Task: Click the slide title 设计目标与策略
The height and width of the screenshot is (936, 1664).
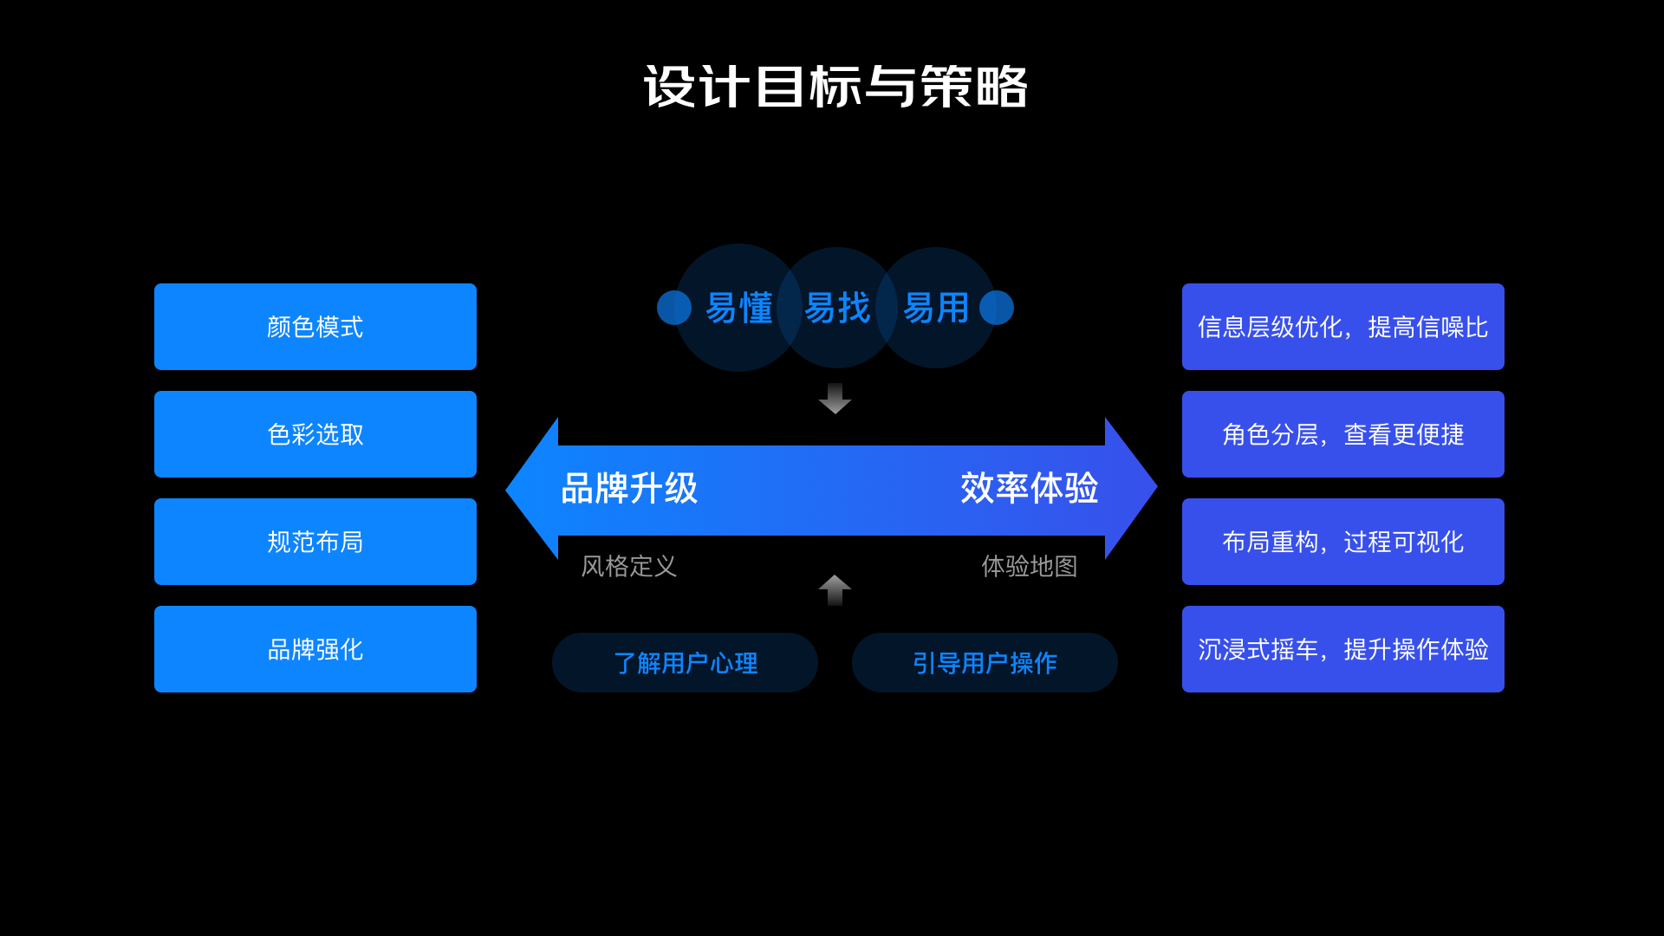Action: [x=835, y=87]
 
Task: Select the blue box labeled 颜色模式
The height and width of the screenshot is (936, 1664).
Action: [x=315, y=327]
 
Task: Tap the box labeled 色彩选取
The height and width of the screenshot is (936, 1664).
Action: [x=315, y=434]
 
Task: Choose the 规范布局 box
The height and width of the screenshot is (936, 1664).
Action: [x=315, y=542]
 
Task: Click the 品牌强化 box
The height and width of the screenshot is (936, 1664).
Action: [x=315, y=649]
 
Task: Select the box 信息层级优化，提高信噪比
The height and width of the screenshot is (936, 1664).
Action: [x=1342, y=327]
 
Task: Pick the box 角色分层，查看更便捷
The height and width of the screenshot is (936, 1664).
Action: [x=1342, y=434]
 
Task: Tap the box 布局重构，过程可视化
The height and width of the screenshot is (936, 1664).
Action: [x=1342, y=542]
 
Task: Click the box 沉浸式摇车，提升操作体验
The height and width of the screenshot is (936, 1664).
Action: [x=1342, y=649]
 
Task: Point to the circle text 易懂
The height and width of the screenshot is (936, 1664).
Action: [x=738, y=308]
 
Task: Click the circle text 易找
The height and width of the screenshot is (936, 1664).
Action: [x=837, y=308]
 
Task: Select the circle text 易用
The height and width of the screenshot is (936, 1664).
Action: [x=936, y=308]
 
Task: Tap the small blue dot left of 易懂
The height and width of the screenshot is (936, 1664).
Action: [x=673, y=308]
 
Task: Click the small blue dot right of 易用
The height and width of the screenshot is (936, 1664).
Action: [x=997, y=308]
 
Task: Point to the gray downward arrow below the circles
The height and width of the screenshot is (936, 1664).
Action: [x=835, y=399]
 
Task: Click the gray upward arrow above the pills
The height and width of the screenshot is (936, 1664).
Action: [x=835, y=589]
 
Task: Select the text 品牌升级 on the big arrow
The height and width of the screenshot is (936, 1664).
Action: [x=629, y=489]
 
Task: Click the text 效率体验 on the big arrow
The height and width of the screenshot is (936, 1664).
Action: [x=1029, y=489]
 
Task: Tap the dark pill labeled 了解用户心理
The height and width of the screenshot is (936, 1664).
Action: [x=685, y=663]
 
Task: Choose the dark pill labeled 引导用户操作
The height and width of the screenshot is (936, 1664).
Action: [x=985, y=663]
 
